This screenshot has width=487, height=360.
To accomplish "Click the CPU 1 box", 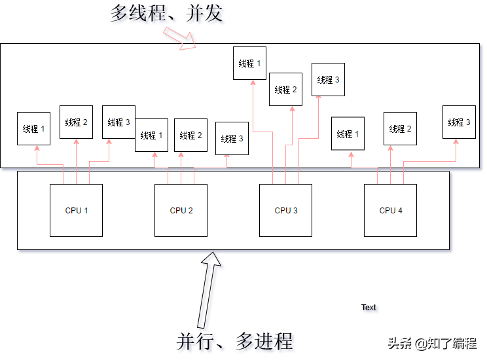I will click(x=76, y=210).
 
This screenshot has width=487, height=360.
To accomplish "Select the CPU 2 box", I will click(x=181, y=210).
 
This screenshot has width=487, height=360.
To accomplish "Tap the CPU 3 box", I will click(x=285, y=210).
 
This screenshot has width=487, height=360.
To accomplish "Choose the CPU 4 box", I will click(x=390, y=210).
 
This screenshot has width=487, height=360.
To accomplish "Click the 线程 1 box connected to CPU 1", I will click(x=33, y=129).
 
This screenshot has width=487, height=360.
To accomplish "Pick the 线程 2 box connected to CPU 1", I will click(x=76, y=122).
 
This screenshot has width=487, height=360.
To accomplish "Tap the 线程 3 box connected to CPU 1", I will click(x=118, y=122).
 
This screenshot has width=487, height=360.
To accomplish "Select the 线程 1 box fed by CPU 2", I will click(x=151, y=135).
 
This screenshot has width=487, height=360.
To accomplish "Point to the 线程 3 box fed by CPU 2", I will click(x=232, y=139).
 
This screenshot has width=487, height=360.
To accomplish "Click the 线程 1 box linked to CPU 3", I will click(x=249, y=63).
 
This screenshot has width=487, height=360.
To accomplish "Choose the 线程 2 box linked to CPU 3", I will click(x=285, y=89).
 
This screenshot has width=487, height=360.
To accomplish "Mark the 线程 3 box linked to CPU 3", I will click(x=328, y=80).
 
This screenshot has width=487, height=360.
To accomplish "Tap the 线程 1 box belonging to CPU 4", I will click(x=348, y=134).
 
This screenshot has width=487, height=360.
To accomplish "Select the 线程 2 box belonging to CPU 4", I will click(x=400, y=129).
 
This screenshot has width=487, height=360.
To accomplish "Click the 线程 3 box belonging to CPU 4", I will click(x=459, y=122).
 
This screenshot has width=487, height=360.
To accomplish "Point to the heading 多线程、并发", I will click(x=167, y=14).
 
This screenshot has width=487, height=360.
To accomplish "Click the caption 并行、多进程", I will click(x=234, y=340).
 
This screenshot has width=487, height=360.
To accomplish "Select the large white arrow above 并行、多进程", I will click(x=210, y=288).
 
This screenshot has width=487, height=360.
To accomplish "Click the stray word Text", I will click(x=369, y=307).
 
